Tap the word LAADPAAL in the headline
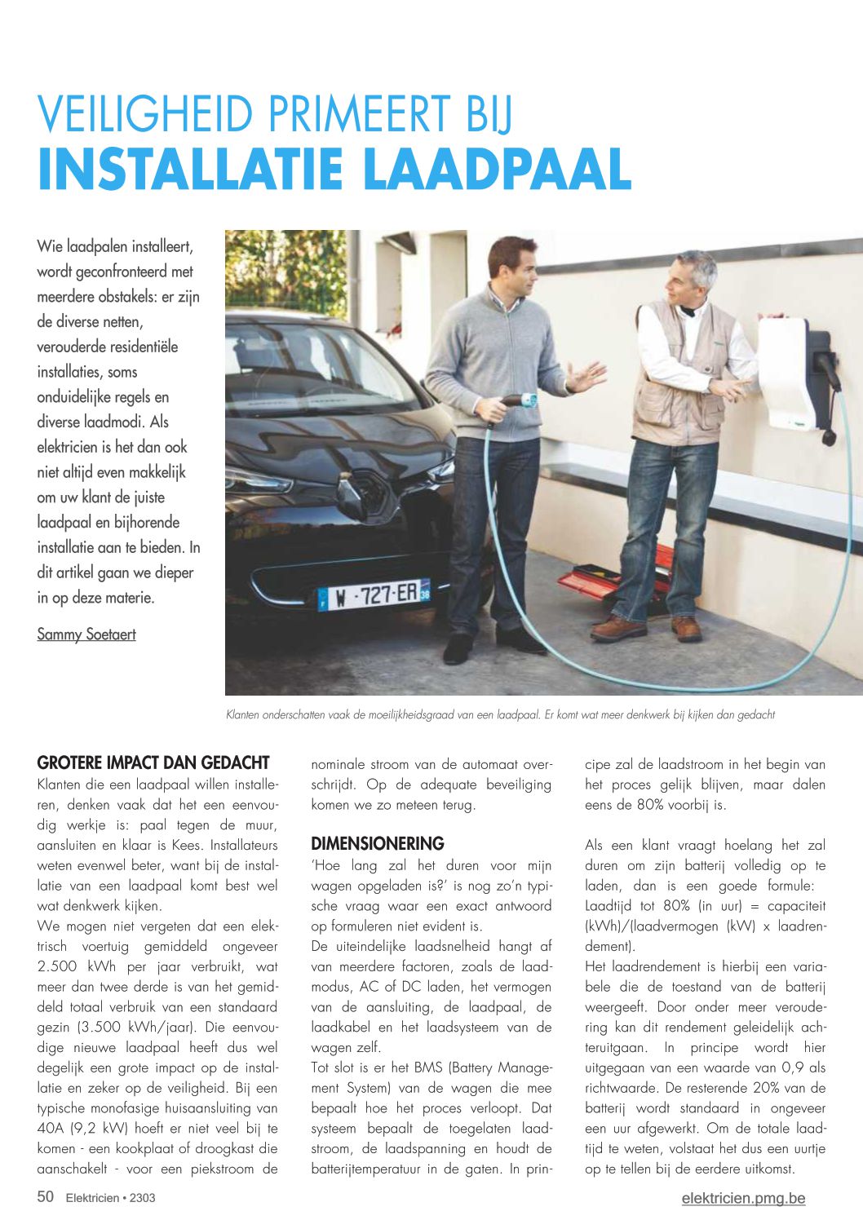[x=497, y=169]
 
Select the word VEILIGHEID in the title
[x=145, y=115]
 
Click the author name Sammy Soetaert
[x=86, y=634]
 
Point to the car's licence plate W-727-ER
[x=374, y=595]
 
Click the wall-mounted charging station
[x=790, y=374]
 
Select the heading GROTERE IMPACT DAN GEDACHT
[x=153, y=763]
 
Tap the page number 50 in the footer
[x=46, y=1196]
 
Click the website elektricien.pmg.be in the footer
[x=743, y=1198]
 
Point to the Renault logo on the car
[x=360, y=488]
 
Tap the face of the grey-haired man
[x=684, y=281]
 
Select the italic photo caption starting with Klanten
[x=499, y=715]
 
